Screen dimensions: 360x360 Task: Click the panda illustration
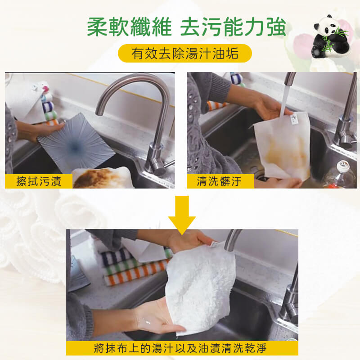[330, 37]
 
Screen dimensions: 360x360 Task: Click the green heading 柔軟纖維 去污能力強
[186, 27]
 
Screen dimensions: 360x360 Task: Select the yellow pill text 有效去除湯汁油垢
[185, 53]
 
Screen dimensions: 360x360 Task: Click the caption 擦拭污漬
[39, 181]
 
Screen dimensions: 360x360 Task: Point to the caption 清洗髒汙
[219, 181]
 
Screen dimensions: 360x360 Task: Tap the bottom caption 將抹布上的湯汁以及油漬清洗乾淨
[180, 348]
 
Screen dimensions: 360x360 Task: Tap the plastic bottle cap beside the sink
[343, 166]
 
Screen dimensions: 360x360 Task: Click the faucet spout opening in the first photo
[99, 113]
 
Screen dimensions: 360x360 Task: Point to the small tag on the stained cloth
[294, 119]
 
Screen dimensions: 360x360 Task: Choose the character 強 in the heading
[275, 27]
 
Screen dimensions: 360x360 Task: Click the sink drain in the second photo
[262, 177]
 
